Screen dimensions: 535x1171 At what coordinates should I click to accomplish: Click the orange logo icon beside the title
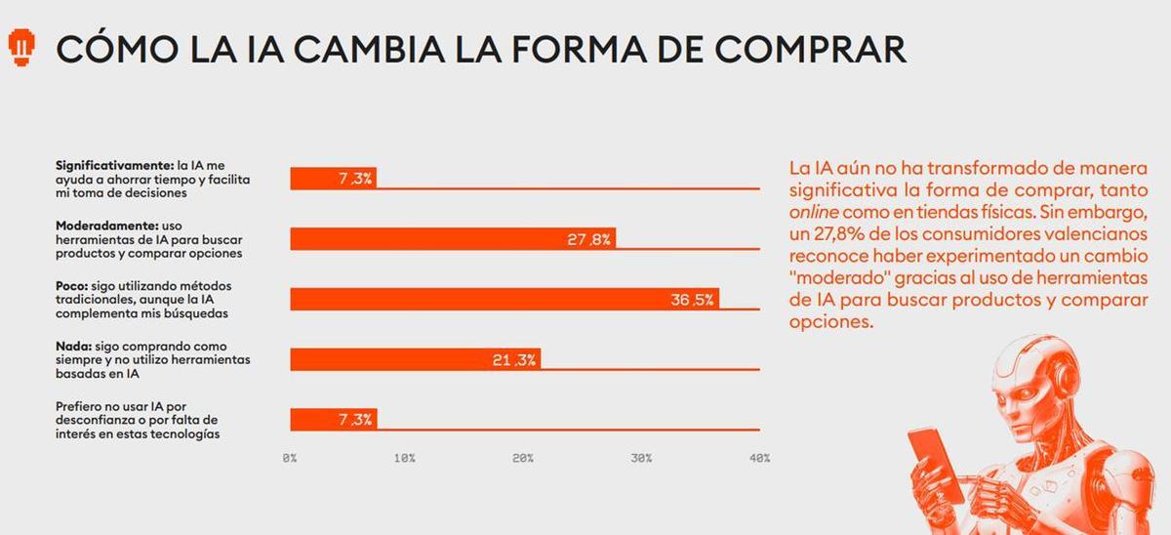[22, 46]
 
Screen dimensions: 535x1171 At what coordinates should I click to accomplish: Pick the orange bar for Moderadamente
[453, 239]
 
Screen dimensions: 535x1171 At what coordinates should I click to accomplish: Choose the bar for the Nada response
[415, 360]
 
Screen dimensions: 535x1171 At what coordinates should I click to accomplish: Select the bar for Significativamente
[333, 179]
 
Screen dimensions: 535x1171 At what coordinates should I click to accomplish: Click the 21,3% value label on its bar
[513, 360]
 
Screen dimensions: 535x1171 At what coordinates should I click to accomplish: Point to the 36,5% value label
[692, 300]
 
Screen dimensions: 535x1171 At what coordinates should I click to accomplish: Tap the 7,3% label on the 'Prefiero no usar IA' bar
[354, 420]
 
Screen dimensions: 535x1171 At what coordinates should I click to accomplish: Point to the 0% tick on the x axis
[290, 458]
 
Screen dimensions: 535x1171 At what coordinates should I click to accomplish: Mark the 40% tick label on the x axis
[758, 458]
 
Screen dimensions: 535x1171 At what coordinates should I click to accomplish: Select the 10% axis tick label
[406, 458]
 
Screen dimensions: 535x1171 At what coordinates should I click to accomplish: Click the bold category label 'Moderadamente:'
[106, 226]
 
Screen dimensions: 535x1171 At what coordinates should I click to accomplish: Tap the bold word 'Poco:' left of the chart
[73, 285]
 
